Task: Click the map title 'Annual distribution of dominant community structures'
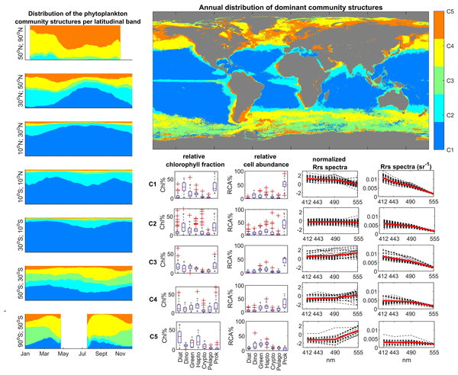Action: (290, 6)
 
